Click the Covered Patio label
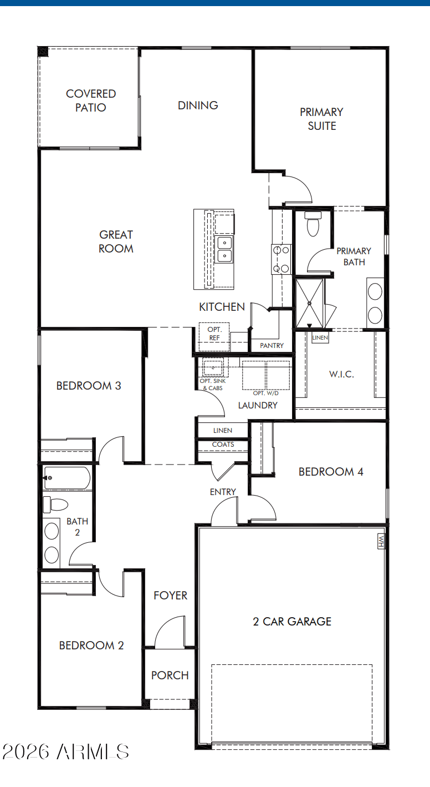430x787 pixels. (x=91, y=100)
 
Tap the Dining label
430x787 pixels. (x=198, y=105)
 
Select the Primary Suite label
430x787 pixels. (x=321, y=119)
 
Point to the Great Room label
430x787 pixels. (x=116, y=241)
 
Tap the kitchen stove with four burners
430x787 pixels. (x=281, y=259)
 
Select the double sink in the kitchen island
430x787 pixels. (x=224, y=249)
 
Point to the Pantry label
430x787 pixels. (x=272, y=346)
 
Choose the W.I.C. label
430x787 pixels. (x=341, y=374)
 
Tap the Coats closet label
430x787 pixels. (x=223, y=445)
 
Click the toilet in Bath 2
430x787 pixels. (x=55, y=505)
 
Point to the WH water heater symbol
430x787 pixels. (x=381, y=541)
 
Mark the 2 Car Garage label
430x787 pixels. (x=292, y=622)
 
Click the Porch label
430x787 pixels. (x=170, y=675)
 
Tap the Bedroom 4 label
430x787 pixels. (x=331, y=472)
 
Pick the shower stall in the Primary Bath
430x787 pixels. (x=310, y=303)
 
